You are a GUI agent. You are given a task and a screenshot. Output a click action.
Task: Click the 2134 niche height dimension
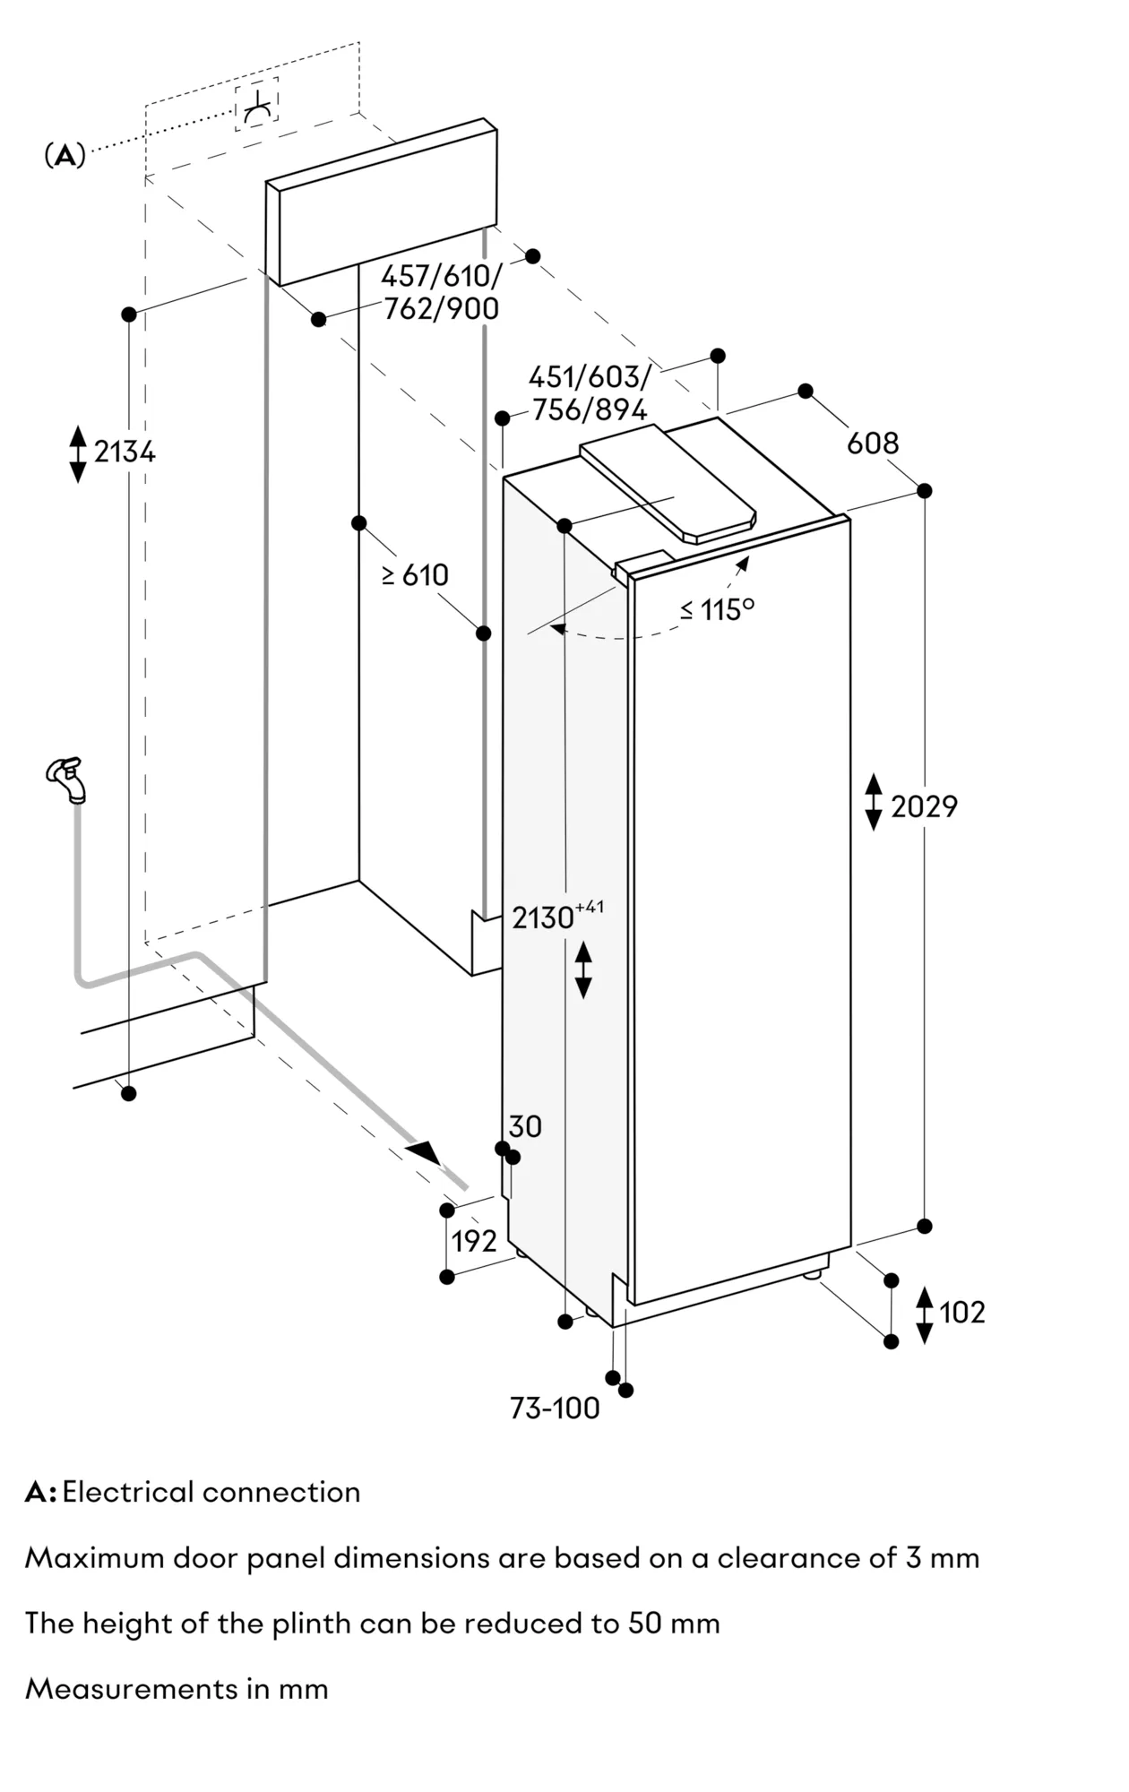(125, 452)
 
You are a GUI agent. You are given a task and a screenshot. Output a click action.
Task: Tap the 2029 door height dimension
(924, 806)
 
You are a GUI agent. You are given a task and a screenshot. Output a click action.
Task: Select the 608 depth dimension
(873, 443)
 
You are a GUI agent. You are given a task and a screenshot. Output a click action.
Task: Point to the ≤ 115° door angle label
(717, 609)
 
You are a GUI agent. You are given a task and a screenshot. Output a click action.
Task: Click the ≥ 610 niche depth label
(415, 574)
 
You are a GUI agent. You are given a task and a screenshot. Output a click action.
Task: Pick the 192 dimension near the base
(474, 1241)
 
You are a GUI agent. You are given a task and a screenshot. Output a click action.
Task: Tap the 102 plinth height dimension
(961, 1313)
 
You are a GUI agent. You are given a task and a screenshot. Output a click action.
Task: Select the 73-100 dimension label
(555, 1409)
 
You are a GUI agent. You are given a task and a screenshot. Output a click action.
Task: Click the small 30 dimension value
(525, 1126)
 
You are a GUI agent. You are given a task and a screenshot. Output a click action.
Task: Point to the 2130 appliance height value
(543, 918)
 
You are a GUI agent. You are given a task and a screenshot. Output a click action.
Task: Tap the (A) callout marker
(65, 156)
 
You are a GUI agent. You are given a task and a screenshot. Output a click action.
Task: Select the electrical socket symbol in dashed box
(257, 105)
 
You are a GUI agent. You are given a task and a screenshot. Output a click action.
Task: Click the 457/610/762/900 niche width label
(441, 292)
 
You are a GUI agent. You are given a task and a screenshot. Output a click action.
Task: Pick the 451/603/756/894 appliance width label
(590, 392)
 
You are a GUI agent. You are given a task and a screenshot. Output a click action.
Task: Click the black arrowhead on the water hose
(425, 1151)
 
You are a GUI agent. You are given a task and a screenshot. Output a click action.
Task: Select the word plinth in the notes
(273, 1624)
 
